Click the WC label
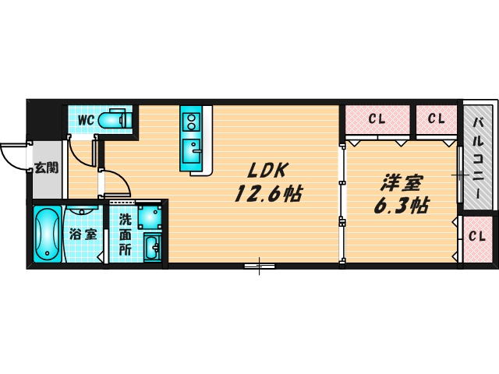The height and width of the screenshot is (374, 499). pos(85,119)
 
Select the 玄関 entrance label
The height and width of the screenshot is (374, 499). pos(44,168)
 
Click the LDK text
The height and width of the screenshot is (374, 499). pos(268,170)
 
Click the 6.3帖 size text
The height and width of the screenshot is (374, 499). pos(401,206)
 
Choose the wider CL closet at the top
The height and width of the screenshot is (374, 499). pos(377,119)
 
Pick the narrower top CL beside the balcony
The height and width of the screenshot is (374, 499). pos(436,119)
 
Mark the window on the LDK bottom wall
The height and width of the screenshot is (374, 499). pos(260,266)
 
